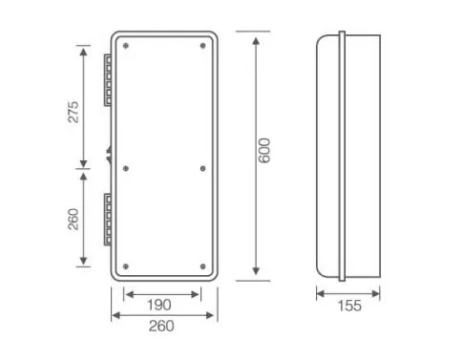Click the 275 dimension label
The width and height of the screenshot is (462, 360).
click(x=73, y=112)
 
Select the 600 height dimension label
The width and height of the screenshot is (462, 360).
click(x=264, y=151)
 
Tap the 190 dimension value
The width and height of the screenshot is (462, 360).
click(x=159, y=305)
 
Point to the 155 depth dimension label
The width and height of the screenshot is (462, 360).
click(x=349, y=306)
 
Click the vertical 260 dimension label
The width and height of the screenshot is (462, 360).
click(x=73, y=219)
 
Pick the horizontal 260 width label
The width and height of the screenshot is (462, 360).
click(x=161, y=326)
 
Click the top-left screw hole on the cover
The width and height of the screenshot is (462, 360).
click(x=126, y=46)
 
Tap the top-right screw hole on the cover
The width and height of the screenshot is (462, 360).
click(x=203, y=46)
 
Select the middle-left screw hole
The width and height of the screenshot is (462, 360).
click(x=126, y=168)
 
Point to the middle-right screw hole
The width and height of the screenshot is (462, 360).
click(x=203, y=168)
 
